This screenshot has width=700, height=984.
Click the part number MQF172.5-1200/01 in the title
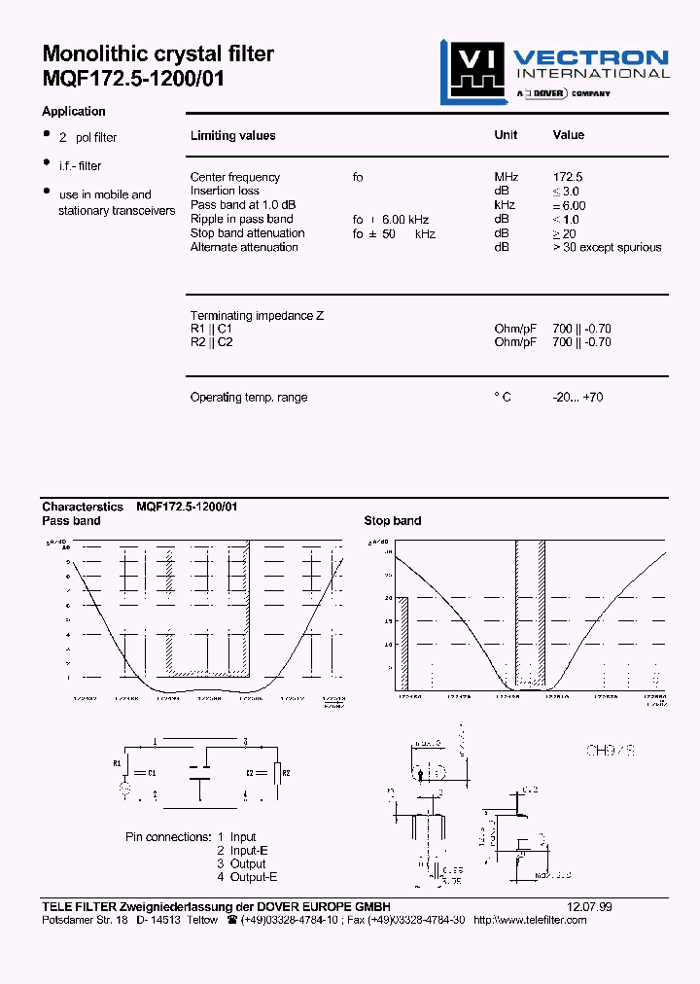point(133,80)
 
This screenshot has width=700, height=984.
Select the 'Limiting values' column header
point(232,136)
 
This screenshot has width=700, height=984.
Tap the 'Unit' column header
point(506,135)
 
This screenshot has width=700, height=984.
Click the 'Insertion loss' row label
point(225,191)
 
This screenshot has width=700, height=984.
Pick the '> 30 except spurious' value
point(607,247)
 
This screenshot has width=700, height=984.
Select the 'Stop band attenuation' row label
point(247,233)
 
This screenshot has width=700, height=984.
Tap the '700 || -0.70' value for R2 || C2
point(581,342)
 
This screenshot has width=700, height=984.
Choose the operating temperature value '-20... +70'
point(577,397)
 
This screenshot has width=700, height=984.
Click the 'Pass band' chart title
point(71,521)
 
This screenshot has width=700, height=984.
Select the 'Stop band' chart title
point(393,521)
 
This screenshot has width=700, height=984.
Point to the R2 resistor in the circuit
point(279,772)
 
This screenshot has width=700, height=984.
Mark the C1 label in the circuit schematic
point(151,772)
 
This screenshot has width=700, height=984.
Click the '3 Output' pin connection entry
point(241,863)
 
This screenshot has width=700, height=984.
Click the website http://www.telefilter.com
point(530,920)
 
